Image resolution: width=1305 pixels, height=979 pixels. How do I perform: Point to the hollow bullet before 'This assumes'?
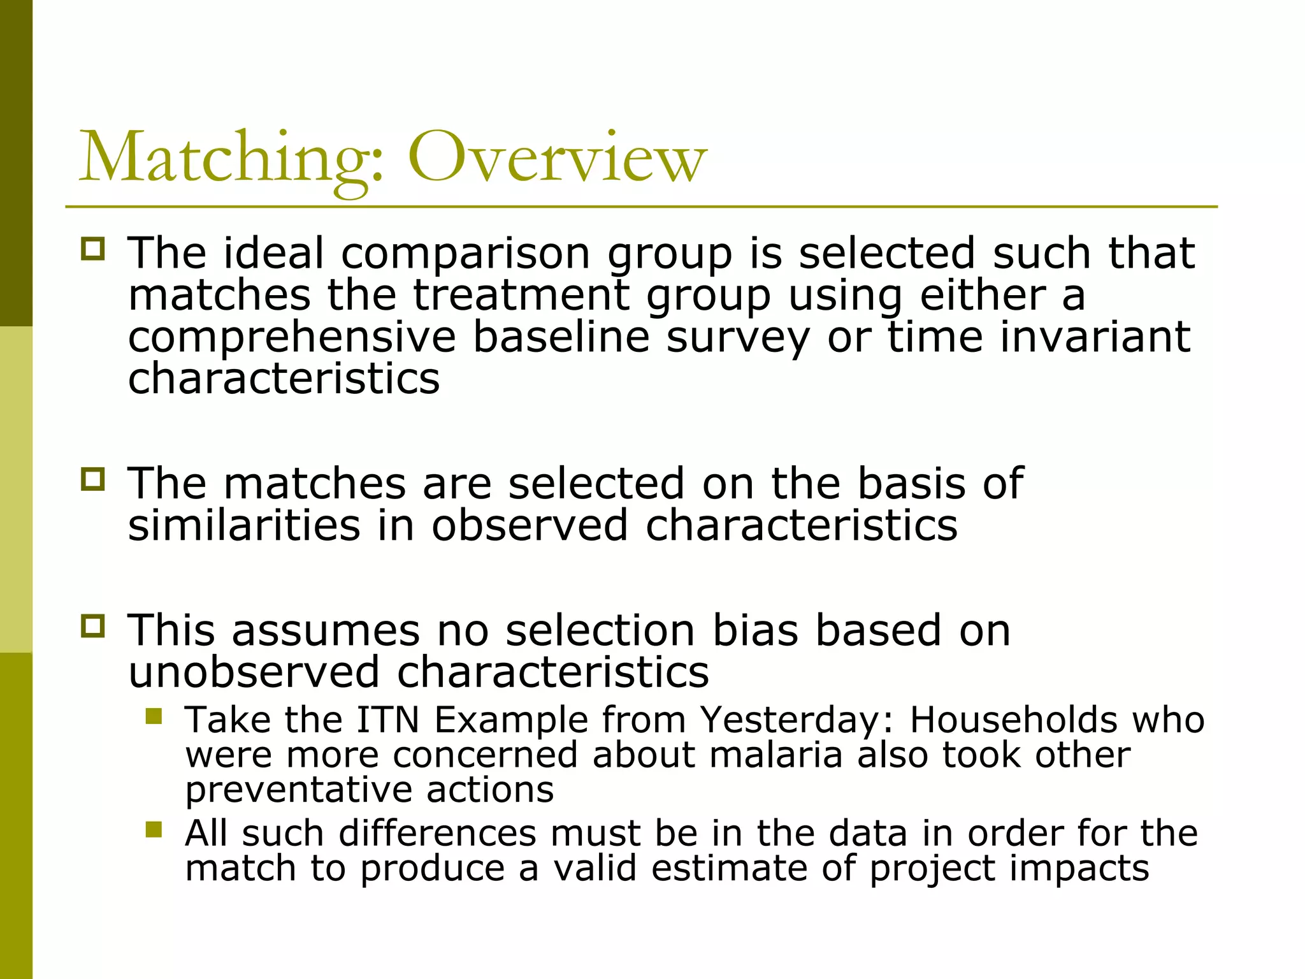point(93,626)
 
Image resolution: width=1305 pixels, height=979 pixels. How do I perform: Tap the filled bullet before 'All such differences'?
point(154,829)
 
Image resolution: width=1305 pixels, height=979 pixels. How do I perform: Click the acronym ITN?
point(387,720)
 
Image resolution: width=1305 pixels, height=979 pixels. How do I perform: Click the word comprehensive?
point(292,338)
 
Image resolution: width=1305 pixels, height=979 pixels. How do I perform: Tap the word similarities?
point(244,526)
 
